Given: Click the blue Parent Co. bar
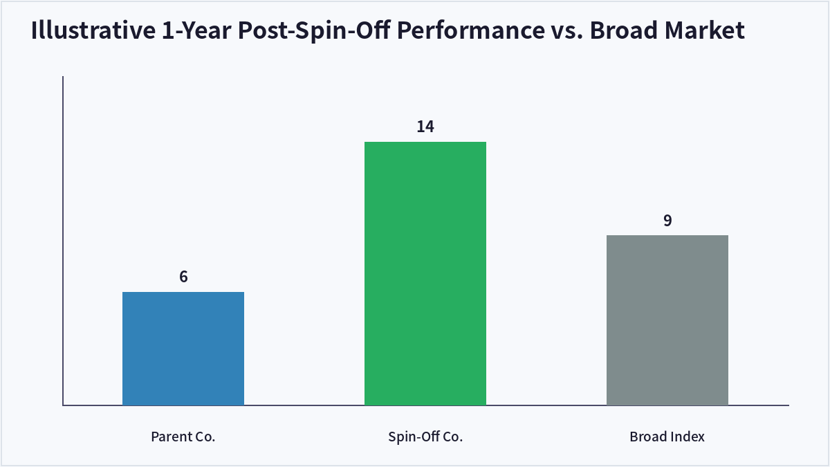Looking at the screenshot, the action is tap(183, 349).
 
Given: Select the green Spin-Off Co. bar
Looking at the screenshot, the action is tap(425, 273).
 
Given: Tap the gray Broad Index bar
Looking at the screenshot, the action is tap(667, 320).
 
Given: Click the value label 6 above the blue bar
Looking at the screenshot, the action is tap(183, 277).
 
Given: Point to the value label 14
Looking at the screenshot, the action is tap(425, 127).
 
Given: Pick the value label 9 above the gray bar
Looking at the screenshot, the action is tap(667, 221).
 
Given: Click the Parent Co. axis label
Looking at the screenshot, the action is tap(183, 437).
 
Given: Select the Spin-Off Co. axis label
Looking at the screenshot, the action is tap(425, 437).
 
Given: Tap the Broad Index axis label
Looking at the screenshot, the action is tap(667, 437).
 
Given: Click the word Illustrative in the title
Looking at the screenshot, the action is tap(93, 30).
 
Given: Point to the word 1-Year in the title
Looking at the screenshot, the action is tap(196, 30).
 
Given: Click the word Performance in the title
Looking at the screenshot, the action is tap(470, 30).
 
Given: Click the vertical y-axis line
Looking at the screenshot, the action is tap(63, 241).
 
